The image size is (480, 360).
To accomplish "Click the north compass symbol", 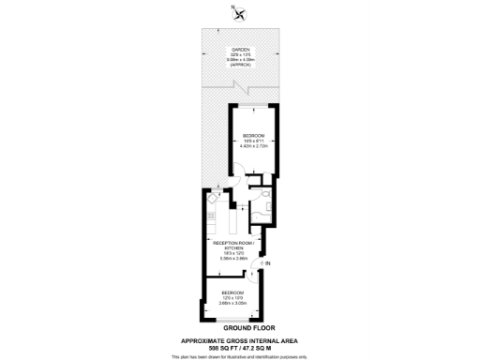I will point(241,12).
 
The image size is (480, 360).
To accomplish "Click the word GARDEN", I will point(239,51).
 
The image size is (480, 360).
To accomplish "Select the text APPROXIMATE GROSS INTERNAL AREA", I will point(239,340).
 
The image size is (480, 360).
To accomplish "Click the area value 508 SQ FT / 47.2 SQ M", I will point(239,347).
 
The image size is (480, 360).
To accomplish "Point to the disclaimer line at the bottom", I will point(239,355).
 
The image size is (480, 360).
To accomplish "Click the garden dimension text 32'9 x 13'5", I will point(239,56).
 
